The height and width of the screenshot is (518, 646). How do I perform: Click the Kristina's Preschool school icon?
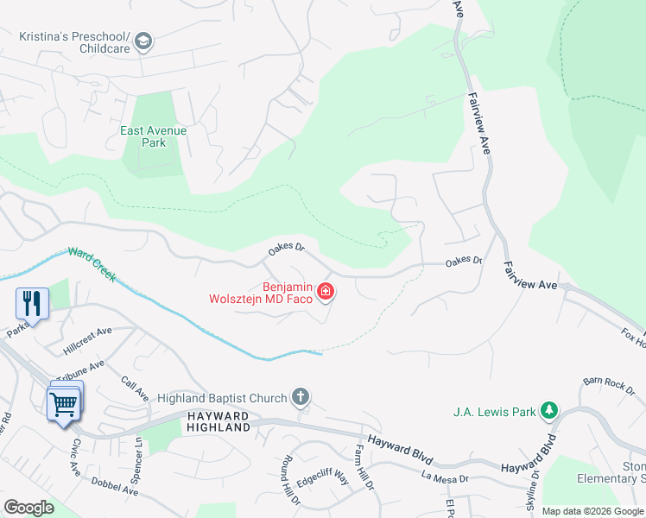click(143, 41)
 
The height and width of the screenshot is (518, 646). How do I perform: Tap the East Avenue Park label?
click(154, 136)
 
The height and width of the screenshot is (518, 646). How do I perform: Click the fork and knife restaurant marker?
click(32, 303)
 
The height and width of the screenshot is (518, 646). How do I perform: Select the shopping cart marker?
click(64, 402)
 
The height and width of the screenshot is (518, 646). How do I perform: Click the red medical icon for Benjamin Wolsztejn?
click(326, 293)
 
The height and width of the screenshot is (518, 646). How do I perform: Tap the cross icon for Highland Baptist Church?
click(300, 398)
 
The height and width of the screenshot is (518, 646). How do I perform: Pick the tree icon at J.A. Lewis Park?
click(548, 411)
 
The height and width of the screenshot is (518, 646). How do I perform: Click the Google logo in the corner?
click(28, 507)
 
